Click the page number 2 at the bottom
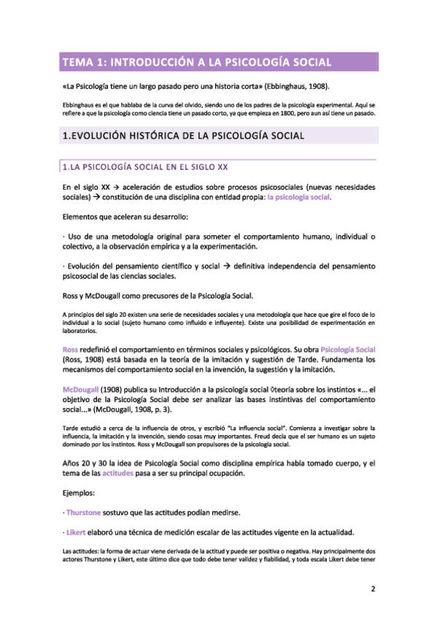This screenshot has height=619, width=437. coord(372,588)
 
